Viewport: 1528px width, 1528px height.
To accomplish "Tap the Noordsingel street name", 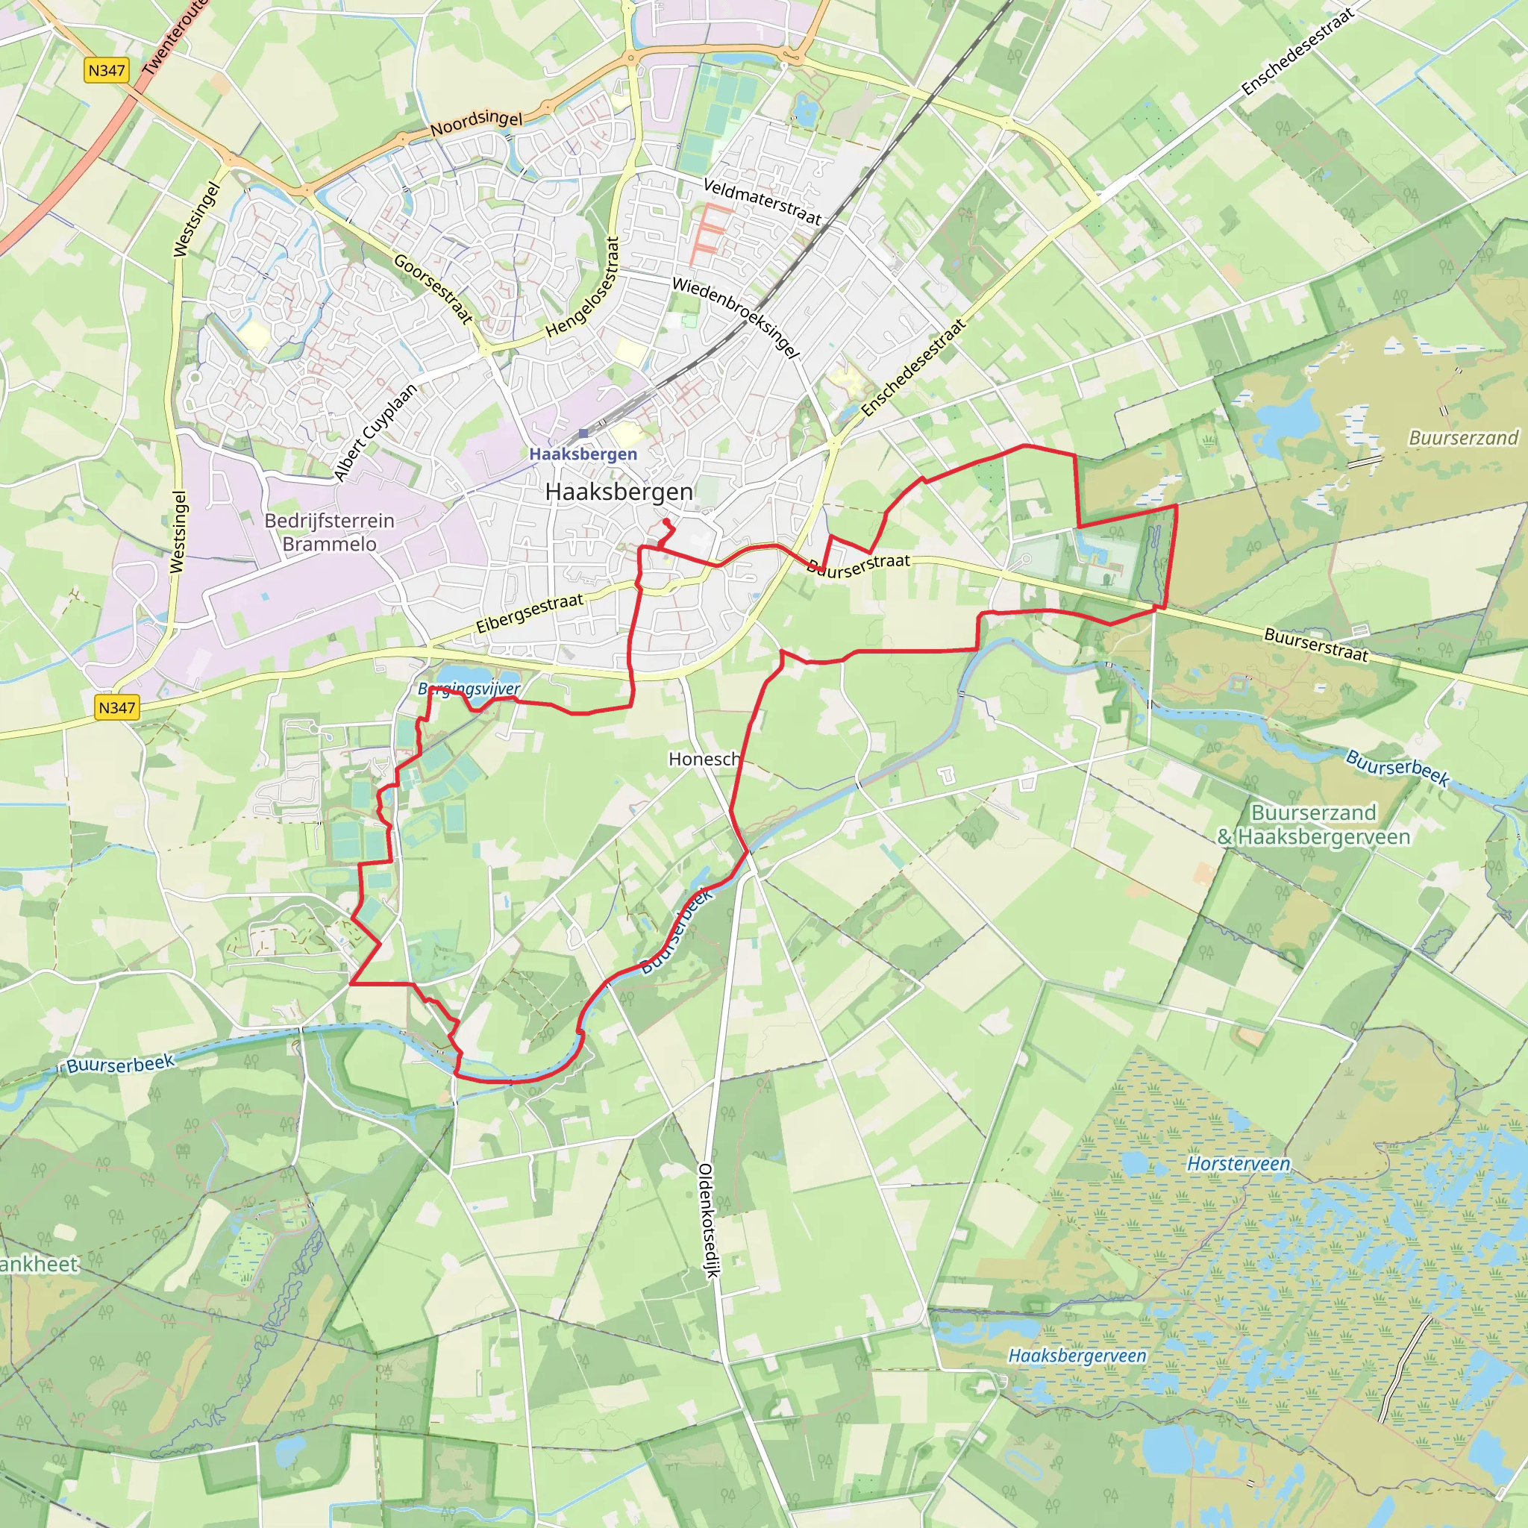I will tap(476, 122).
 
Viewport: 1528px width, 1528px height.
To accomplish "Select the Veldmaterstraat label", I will tap(763, 201).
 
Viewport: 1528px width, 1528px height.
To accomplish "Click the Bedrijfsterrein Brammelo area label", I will tap(329, 532).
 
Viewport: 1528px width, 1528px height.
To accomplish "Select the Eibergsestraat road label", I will tap(529, 613).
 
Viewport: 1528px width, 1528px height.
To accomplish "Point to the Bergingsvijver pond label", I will tap(469, 689).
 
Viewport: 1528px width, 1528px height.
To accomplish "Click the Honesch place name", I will tap(704, 760).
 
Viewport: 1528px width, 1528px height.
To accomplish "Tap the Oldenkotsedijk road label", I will tap(708, 1221).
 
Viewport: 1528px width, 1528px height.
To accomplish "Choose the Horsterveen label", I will tap(1238, 1163).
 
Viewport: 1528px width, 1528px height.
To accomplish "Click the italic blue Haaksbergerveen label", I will tap(1077, 1356).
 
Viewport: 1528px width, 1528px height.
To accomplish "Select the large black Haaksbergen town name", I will tap(619, 492).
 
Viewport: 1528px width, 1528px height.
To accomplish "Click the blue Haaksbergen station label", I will tap(583, 454).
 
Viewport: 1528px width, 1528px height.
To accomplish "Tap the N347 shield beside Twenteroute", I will tap(106, 70).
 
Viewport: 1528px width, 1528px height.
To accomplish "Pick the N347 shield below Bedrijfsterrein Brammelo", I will tap(117, 707).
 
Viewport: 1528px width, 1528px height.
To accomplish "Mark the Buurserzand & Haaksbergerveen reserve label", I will tap(1313, 825).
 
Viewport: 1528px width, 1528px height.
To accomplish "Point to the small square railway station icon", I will tap(583, 433).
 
